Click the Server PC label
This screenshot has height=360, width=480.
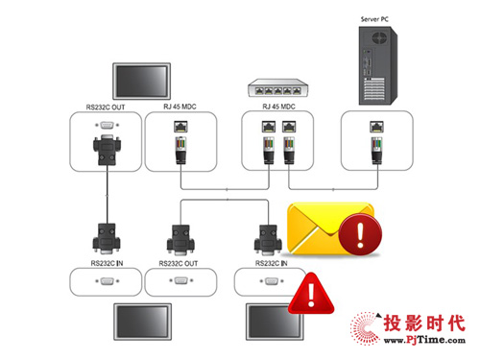[x=375, y=17]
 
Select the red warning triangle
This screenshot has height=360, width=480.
[x=312, y=295]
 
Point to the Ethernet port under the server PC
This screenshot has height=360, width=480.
[x=376, y=126]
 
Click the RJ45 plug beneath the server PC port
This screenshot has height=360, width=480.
[x=376, y=150]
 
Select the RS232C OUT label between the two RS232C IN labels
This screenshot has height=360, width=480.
[x=180, y=260]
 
